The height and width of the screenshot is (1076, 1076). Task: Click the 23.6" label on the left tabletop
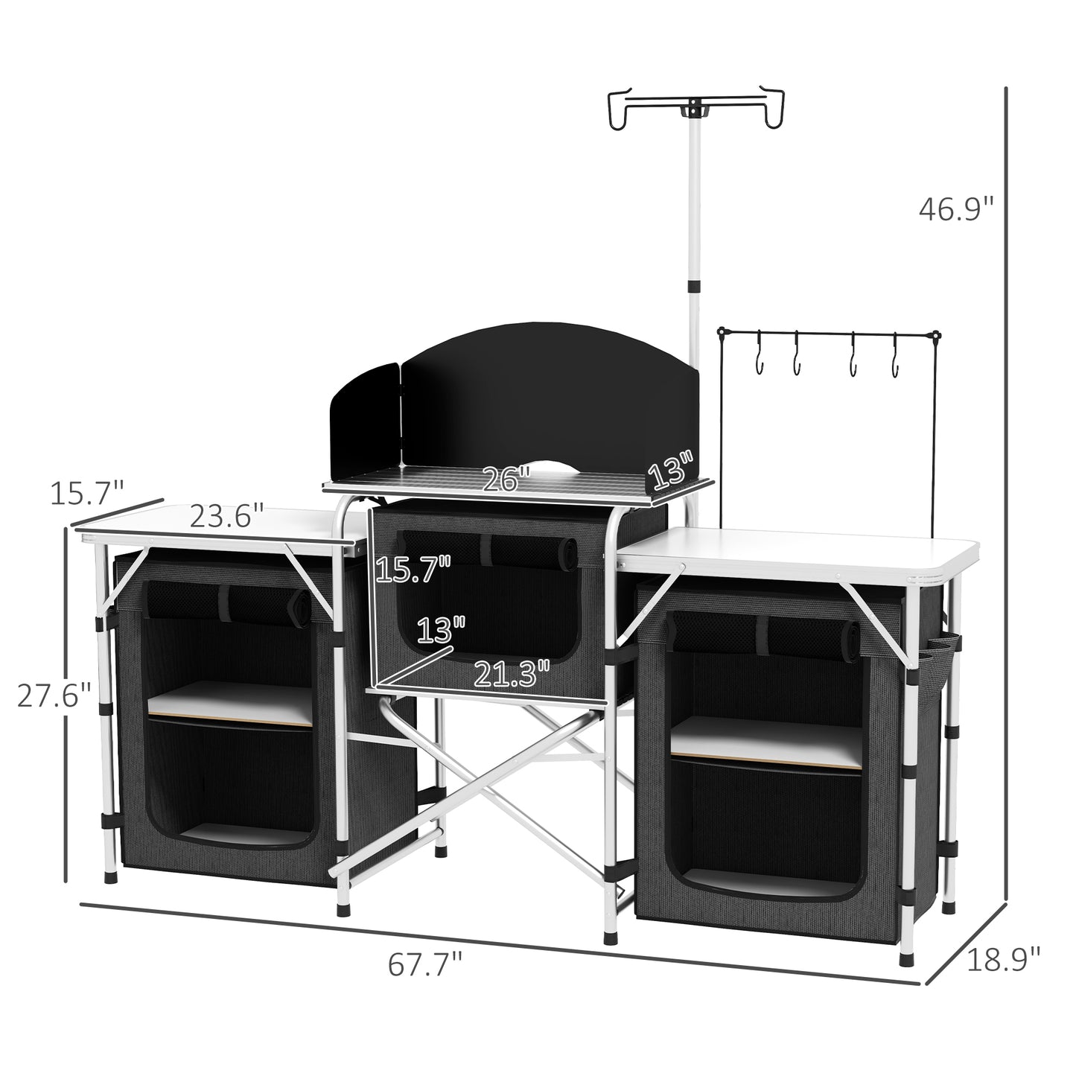[x=226, y=515]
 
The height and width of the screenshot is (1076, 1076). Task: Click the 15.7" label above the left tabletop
[x=86, y=492]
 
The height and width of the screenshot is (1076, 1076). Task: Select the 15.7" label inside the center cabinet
[x=413, y=570]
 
